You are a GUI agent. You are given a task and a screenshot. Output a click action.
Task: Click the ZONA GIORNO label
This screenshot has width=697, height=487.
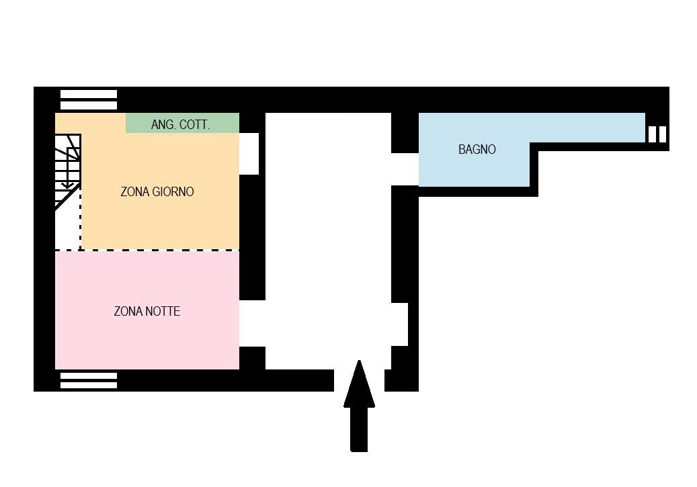pos(157,191)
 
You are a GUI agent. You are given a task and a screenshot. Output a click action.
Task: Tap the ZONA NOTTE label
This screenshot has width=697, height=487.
pos(147,311)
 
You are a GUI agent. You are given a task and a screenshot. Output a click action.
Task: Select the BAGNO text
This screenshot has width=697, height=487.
pos(477,149)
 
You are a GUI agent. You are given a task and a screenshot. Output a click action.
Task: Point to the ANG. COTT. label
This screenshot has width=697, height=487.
pos(180,124)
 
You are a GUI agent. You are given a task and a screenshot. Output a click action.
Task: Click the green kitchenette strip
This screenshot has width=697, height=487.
pos(182,123)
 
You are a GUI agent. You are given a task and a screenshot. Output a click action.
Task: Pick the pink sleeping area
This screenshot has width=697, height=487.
pos(147,310)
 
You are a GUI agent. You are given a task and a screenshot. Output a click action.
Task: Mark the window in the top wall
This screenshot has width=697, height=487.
pos(89,99)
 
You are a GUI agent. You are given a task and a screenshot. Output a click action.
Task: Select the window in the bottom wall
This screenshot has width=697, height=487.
pos(89,380)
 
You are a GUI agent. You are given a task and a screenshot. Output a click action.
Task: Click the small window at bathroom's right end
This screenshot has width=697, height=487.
pos(657,134)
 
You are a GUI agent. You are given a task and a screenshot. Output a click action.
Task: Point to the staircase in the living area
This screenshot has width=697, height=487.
pos(68,171)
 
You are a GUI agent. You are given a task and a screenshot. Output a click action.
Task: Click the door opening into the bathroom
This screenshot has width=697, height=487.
pos(405,169)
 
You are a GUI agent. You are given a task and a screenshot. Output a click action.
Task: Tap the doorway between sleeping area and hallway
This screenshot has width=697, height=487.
pos(253,324)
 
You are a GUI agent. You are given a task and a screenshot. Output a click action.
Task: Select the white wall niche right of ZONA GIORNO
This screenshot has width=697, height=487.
pos(249,154)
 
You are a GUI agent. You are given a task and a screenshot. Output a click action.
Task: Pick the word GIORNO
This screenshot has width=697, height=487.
pos(173,191)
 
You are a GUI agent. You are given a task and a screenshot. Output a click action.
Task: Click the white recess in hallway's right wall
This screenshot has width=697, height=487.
pos(400,324)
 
